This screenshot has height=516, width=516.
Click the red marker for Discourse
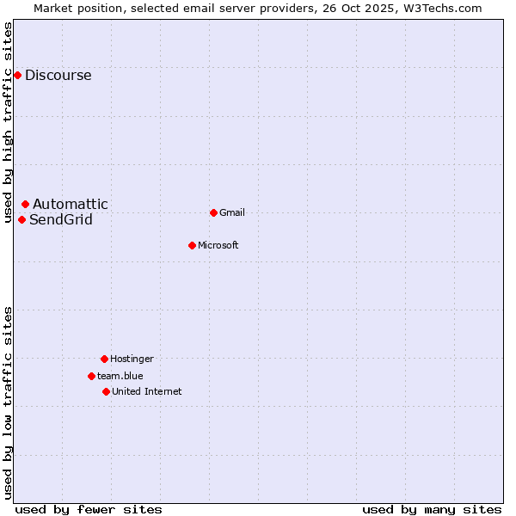point(17,76)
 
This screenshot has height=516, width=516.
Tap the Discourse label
point(58,76)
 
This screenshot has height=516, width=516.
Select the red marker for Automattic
point(26,205)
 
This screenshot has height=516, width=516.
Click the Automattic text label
point(71,205)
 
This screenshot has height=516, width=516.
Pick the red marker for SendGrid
point(22,219)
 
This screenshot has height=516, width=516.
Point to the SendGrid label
point(61,220)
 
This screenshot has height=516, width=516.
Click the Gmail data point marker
point(213,212)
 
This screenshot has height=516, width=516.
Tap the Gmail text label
point(232,213)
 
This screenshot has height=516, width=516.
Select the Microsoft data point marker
point(192,245)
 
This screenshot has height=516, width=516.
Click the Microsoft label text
point(218,246)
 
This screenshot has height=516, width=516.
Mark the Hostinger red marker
point(104,359)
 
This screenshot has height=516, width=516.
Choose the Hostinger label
point(132,359)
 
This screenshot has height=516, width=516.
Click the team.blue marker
point(91,376)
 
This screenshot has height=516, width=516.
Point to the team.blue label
point(120,377)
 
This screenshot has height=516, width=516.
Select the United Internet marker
point(106,391)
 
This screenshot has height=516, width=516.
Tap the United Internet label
point(146,392)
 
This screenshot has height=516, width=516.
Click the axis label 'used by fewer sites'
point(89,509)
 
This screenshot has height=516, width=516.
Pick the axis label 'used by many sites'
point(432,509)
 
